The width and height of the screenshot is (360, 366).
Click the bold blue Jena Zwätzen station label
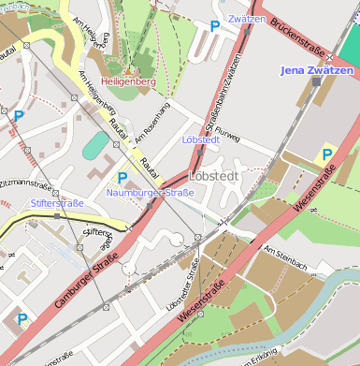point(318,70)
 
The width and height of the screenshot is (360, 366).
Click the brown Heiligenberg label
point(128,82)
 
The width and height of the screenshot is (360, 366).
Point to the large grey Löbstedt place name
point(214,175)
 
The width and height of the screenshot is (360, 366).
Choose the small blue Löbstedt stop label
point(201,139)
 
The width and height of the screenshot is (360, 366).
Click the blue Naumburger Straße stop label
point(150,193)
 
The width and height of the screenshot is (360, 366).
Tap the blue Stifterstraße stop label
point(58,202)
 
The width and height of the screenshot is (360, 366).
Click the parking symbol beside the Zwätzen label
point(215,29)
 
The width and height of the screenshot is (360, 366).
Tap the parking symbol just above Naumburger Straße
point(122,177)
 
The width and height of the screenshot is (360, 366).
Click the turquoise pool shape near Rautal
point(94,145)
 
